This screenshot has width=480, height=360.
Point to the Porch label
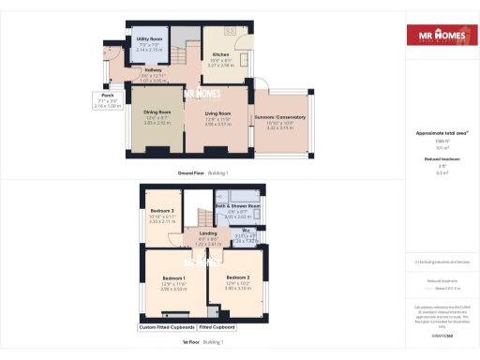[x=109, y=96]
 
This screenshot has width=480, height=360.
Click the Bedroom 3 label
[x=163, y=211]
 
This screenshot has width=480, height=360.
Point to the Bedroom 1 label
[x=173, y=279]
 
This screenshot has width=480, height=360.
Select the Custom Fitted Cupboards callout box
[x=166, y=327]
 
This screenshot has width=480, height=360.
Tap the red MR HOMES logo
[x=442, y=36]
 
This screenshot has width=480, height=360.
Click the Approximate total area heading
[x=442, y=133]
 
